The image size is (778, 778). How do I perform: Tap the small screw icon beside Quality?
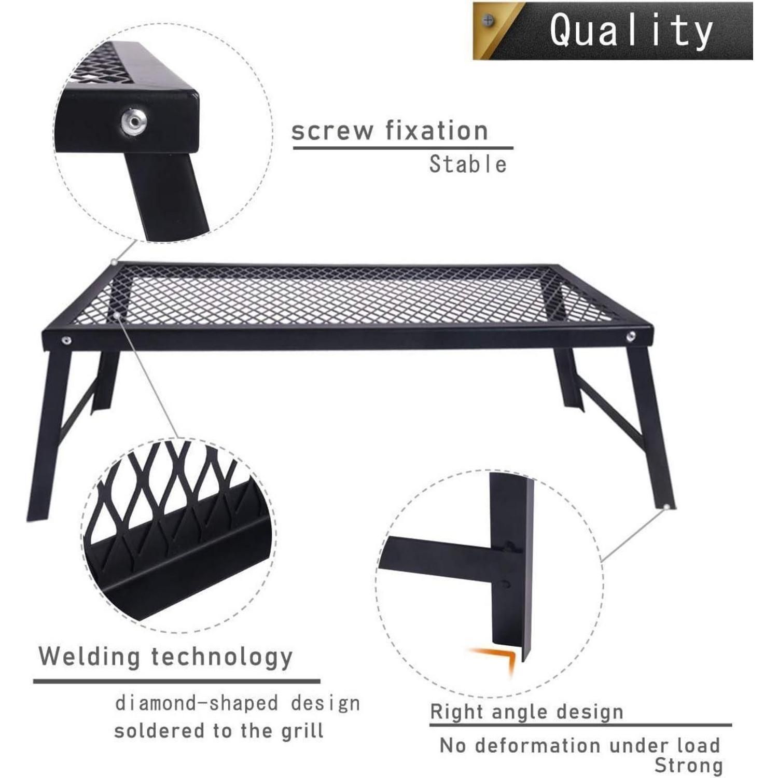488,21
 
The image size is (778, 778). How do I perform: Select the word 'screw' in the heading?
331,131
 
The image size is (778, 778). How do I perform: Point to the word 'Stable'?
468,164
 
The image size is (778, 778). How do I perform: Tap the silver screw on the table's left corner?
66,340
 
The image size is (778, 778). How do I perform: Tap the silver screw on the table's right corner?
630,336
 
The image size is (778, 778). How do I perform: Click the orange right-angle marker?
493,659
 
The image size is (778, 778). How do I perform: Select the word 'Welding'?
90,656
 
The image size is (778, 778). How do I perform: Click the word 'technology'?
222,657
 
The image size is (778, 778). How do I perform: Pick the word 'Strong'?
688,765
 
